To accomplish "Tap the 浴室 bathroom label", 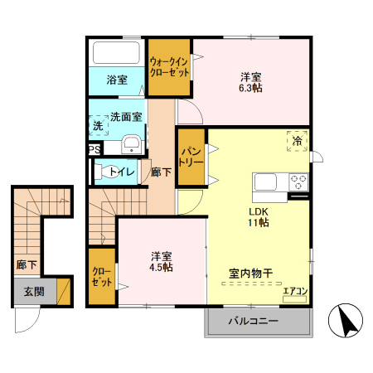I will tap(117, 80).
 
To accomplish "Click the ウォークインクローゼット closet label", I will tap(169, 66).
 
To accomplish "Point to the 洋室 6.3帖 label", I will tap(250, 82).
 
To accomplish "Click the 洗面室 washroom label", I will tap(127, 117).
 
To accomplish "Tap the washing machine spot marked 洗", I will tap(99, 126).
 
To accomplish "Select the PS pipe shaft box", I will tap(95, 150).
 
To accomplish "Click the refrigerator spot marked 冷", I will tap(297, 140).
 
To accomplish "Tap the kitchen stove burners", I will tap(298, 182).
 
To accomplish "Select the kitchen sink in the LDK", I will tap(269, 182).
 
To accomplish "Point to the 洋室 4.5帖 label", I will tap(161, 261).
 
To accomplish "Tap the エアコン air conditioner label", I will tap(294, 291).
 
